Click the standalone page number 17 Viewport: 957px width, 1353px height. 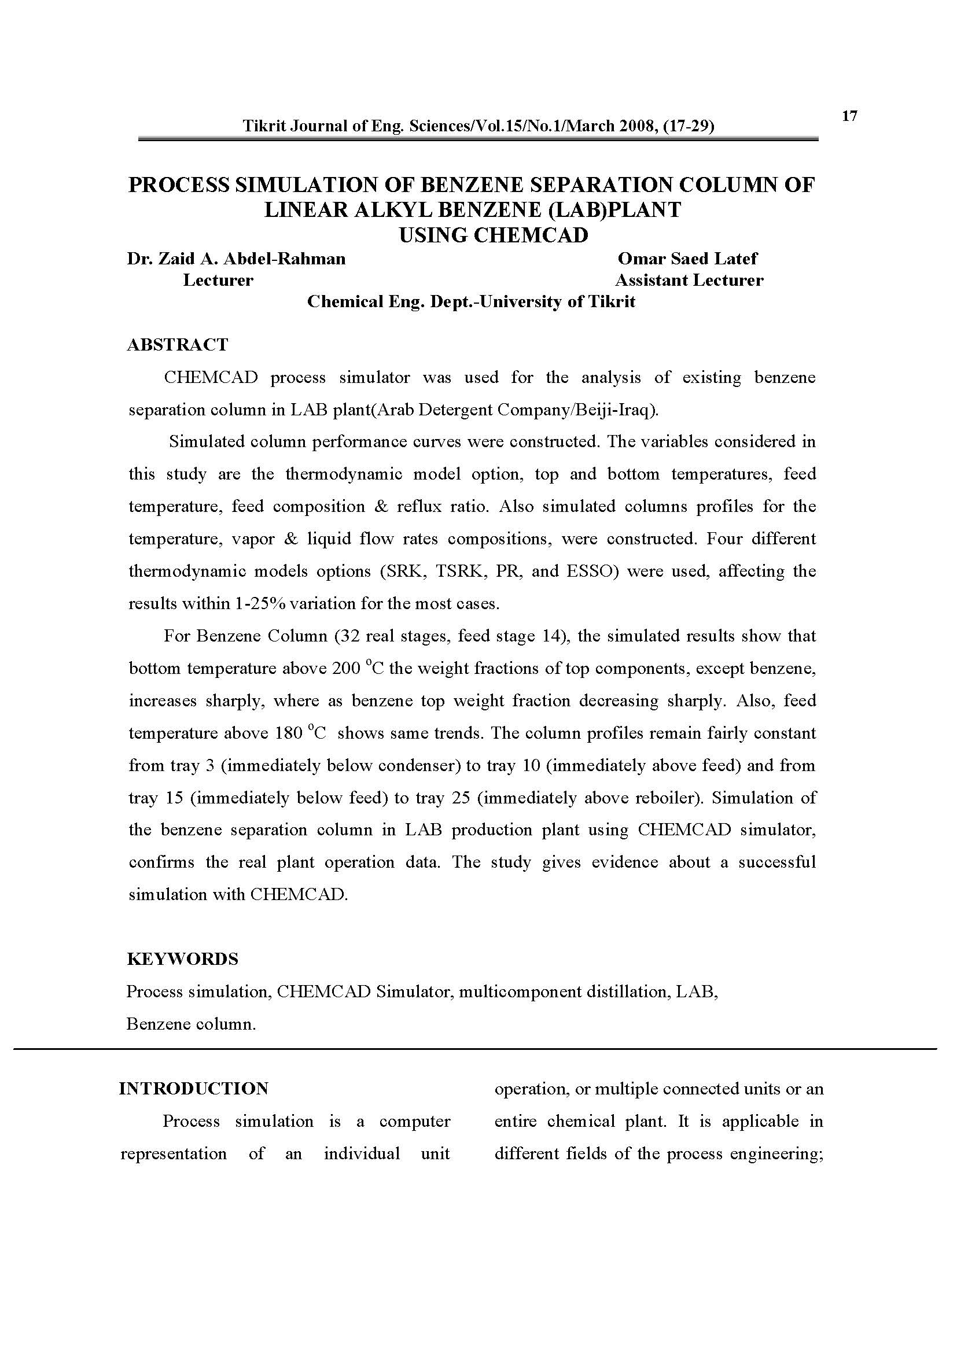(849, 116)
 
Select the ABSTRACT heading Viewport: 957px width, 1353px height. (178, 345)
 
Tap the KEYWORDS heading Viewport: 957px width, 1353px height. (183, 958)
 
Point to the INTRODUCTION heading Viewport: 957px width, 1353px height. (193, 1089)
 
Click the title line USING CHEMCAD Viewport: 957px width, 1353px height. (493, 235)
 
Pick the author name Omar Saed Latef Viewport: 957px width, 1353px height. (687, 259)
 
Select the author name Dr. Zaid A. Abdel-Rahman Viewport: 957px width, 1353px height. (236, 259)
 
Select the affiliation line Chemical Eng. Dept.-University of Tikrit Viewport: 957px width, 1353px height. (471, 303)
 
